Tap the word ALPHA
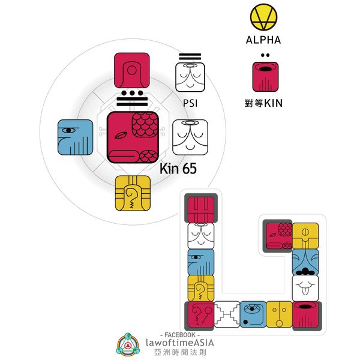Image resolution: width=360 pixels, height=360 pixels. tap(263, 41)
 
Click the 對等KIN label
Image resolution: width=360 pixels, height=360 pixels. tap(264, 103)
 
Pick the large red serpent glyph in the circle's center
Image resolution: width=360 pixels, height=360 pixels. tap(133, 136)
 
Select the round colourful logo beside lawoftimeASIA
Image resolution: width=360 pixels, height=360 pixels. tap(127, 344)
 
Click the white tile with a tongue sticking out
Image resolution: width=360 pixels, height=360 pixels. tap(305, 288)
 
